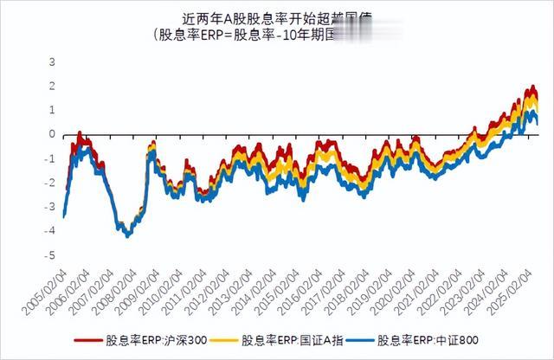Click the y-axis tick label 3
pos(52,62)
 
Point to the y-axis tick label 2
pos(52,87)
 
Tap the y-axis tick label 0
pos(52,135)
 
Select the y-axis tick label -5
pos(50,256)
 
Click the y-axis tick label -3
pos(50,208)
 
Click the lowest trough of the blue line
pos(128,235)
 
